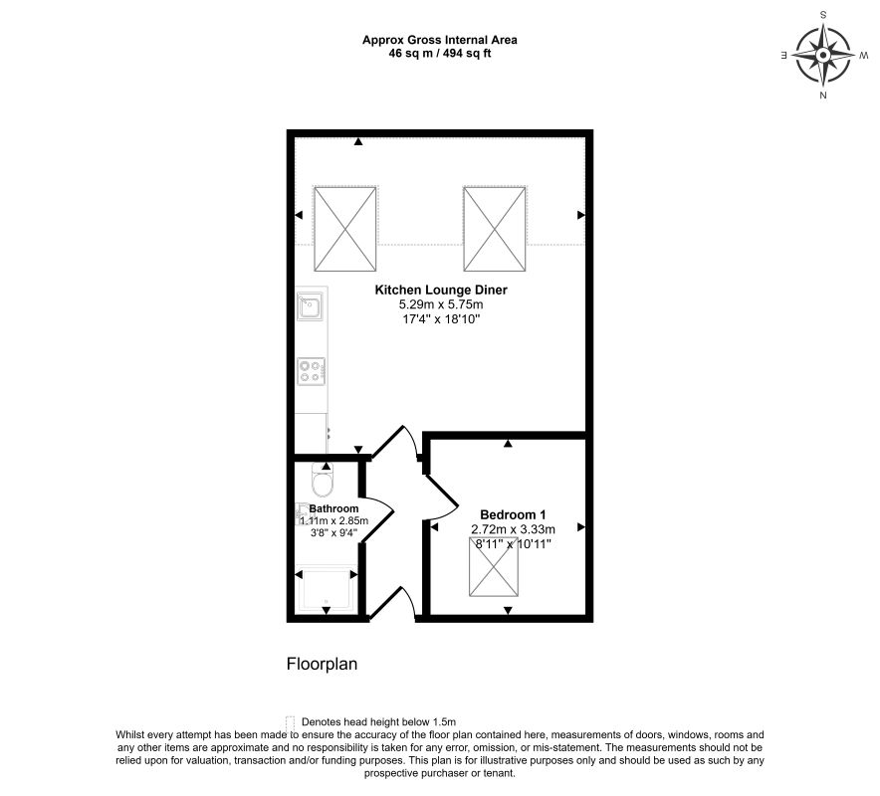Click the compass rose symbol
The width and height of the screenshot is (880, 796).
[822, 55]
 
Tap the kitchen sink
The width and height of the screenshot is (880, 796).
[310, 306]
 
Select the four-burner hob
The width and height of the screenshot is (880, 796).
[311, 371]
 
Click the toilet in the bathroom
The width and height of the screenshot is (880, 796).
[323, 481]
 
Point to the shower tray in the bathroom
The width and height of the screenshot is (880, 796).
[326, 591]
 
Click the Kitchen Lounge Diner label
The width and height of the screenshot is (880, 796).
[441, 290]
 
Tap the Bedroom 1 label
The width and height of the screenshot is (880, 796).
[513, 514]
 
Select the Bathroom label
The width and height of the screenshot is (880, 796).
[333, 508]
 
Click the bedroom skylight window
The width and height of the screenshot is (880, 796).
[494, 566]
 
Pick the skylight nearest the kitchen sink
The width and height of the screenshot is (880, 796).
[344, 229]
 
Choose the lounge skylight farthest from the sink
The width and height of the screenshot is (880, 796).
[495, 229]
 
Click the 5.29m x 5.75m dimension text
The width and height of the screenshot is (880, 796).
[441, 304]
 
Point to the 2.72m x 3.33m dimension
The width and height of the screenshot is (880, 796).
[513, 529]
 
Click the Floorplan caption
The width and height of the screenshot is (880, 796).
[322, 665]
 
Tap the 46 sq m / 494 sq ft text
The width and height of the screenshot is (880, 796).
[440, 54]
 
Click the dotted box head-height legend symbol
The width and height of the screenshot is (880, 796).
[290, 722]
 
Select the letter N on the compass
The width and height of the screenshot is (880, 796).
[823, 96]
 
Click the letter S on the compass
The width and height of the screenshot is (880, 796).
[823, 15]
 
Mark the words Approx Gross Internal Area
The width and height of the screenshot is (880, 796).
[440, 40]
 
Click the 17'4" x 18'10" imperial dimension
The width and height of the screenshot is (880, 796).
[441, 319]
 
